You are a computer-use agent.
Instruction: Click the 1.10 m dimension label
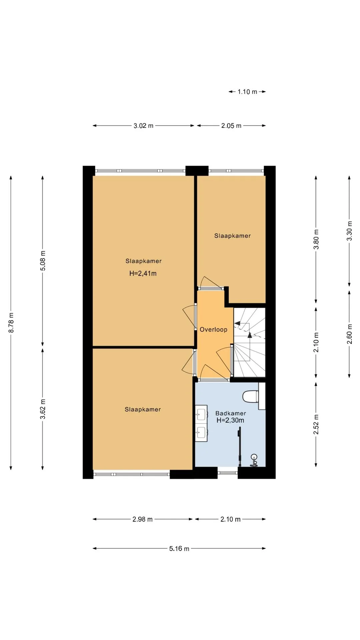(247, 92)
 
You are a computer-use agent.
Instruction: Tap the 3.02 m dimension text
(143, 126)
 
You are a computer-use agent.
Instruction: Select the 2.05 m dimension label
(231, 126)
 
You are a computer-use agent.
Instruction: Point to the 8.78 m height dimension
(11, 322)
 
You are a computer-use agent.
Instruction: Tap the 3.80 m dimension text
(316, 239)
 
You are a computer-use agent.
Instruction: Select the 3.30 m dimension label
(349, 231)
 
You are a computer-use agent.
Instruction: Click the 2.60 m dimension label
(349, 334)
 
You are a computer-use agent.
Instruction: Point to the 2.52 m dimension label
(316, 424)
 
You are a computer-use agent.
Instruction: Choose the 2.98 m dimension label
(142, 519)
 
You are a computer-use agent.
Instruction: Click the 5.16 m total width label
(179, 548)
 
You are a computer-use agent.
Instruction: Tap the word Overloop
(213, 330)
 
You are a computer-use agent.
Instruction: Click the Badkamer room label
(231, 413)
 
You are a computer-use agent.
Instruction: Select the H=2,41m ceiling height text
(143, 274)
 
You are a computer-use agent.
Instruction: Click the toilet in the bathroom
(250, 397)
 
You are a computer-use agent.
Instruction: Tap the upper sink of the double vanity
(201, 415)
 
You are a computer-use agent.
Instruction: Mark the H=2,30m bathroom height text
(230, 420)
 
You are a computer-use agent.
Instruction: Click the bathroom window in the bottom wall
(228, 472)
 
